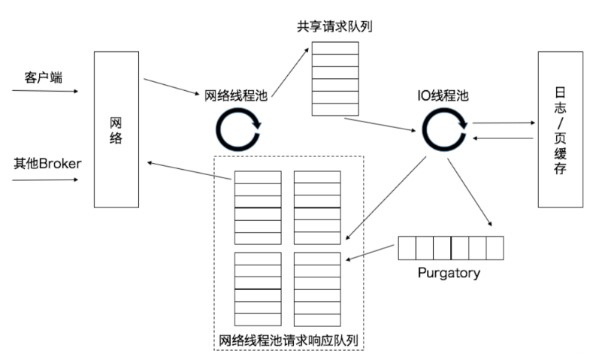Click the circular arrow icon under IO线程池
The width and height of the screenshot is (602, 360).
(x=444, y=127)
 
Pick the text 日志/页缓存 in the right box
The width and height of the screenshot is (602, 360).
(x=560, y=129)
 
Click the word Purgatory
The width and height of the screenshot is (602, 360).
(x=448, y=272)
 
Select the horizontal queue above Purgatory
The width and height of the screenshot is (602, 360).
(x=450, y=247)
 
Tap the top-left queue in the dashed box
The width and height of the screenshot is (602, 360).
(x=258, y=207)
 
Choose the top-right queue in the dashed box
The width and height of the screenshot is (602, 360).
(x=316, y=207)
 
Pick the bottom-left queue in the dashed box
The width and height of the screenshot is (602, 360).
(x=258, y=287)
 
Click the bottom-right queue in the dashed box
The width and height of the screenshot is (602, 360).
(x=316, y=287)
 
